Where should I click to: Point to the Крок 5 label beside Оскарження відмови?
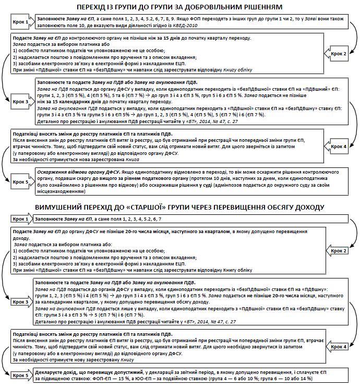point(20,183)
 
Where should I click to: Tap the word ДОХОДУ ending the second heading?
point(301,208)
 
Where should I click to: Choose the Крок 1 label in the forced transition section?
point(20,219)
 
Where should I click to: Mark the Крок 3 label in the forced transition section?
point(20,301)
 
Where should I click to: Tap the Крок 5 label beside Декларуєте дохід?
point(20,375)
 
